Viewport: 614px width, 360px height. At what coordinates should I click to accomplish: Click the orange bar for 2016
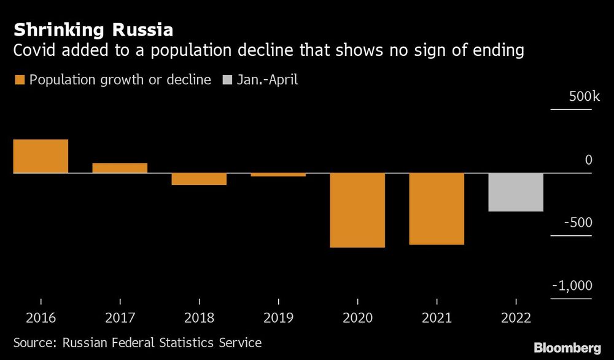point(41,156)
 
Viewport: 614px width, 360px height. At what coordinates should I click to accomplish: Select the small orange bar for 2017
point(120,168)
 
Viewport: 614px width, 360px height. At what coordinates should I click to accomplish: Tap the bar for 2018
point(199,179)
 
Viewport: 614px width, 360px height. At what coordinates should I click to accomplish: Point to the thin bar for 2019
point(278,175)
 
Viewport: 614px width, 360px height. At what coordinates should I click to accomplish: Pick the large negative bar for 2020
point(357,210)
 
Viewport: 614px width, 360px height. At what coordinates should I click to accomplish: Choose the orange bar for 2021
point(437,209)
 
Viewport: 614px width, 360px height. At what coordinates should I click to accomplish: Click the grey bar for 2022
point(516,192)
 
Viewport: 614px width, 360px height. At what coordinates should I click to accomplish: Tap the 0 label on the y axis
point(588,160)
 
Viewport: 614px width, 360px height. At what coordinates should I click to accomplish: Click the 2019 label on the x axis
point(278,318)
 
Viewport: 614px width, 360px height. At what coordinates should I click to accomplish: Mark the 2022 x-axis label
point(516,318)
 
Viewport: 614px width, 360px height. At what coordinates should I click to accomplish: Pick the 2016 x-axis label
point(41,318)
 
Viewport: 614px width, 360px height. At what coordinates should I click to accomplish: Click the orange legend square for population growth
point(19,80)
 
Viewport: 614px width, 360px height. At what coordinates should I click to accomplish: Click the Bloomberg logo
point(567,348)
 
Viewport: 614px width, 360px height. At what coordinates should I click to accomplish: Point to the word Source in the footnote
point(34,342)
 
